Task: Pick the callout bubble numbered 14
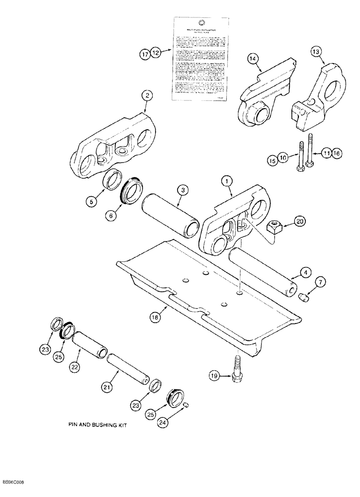(x=253, y=59)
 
